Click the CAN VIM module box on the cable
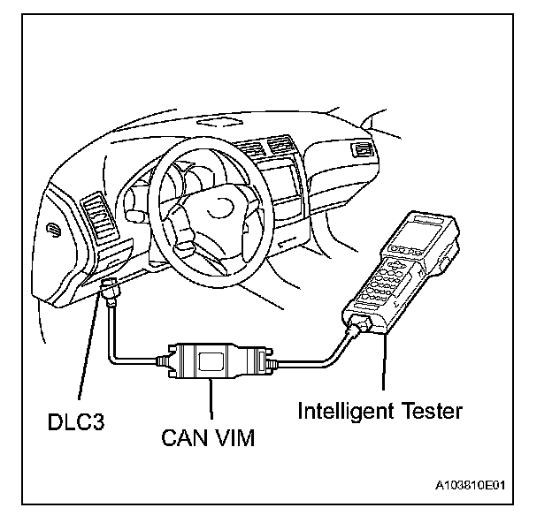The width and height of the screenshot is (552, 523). point(211,360)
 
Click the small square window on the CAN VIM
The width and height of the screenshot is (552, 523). point(211,360)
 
